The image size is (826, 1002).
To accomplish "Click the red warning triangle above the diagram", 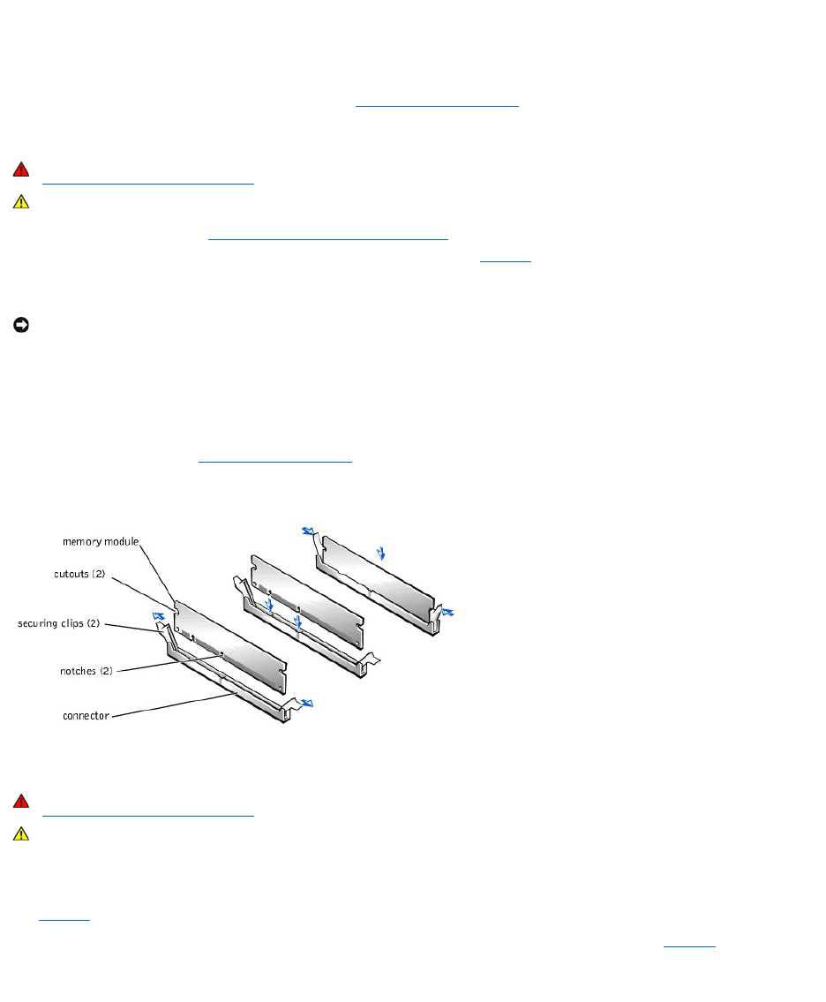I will coord(21,170).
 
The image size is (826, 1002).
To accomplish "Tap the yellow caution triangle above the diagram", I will coord(21,202).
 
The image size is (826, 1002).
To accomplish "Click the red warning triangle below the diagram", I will coord(21,802).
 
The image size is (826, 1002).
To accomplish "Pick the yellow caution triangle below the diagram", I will coord(21,834).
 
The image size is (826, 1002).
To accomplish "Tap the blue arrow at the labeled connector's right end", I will coord(306,704).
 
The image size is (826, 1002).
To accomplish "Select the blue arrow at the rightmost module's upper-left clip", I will coord(307,532).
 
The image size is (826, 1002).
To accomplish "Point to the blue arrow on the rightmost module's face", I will coord(380,554).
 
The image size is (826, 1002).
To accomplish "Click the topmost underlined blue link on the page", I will coord(436,103).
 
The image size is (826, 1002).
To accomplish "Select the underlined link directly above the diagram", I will coord(274,460).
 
